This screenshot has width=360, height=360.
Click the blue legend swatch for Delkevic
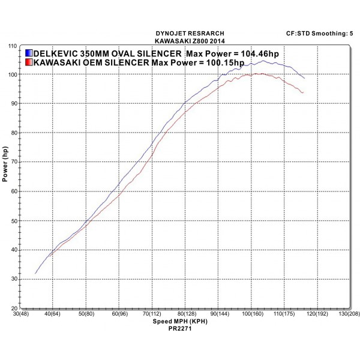(x=29, y=52)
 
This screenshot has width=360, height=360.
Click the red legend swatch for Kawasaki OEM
(x=29, y=62)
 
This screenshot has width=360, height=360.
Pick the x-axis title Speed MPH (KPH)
(x=179, y=322)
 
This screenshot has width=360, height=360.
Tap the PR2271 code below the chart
(x=180, y=329)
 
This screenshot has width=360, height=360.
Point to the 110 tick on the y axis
(x=11, y=46)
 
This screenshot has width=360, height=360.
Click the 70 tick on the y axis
(x=13, y=162)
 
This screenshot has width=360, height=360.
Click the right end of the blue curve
(x=304, y=78)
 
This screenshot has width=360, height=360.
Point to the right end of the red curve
(x=303, y=92)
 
